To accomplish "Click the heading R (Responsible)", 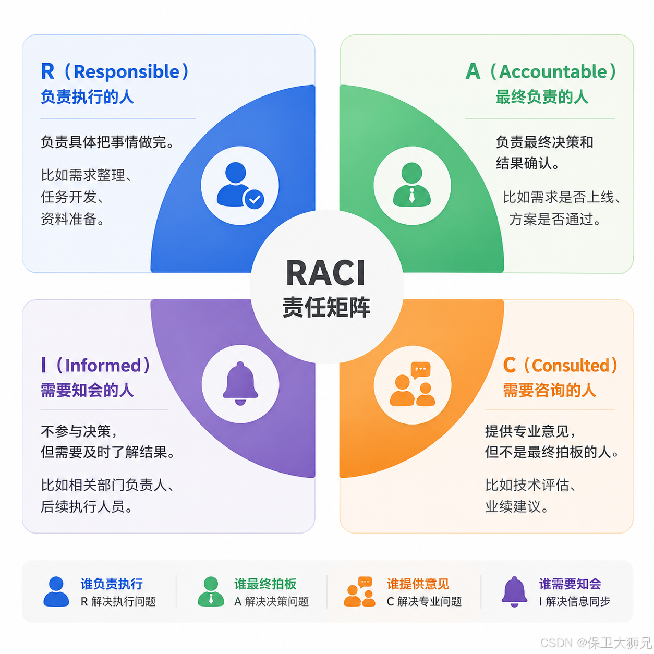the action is tap(114, 71).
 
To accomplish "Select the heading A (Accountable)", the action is tap(540, 71).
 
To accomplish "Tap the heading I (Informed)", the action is tap(95, 365).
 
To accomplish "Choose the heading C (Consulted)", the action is tap(560, 365).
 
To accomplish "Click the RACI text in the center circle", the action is tap(325, 273).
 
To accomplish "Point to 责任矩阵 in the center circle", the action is tap(326, 307).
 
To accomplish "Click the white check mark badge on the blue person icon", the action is tap(254, 199).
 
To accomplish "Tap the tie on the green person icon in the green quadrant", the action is tap(411, 196).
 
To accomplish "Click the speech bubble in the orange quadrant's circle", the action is tap(420, 370).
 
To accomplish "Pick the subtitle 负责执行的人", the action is tap(87, 96).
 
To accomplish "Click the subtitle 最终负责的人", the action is tap(542, 96).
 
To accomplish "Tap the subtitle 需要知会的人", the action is tap(87, 390).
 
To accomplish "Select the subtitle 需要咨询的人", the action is tap(550, 390).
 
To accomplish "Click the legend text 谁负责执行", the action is tap(112, 584).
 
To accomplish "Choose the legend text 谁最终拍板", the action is tap(265, 584).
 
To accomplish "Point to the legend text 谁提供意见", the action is tap(418, 584).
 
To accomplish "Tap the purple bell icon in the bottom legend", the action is tap(514, 592).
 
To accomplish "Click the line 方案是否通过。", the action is tap(555, 219).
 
